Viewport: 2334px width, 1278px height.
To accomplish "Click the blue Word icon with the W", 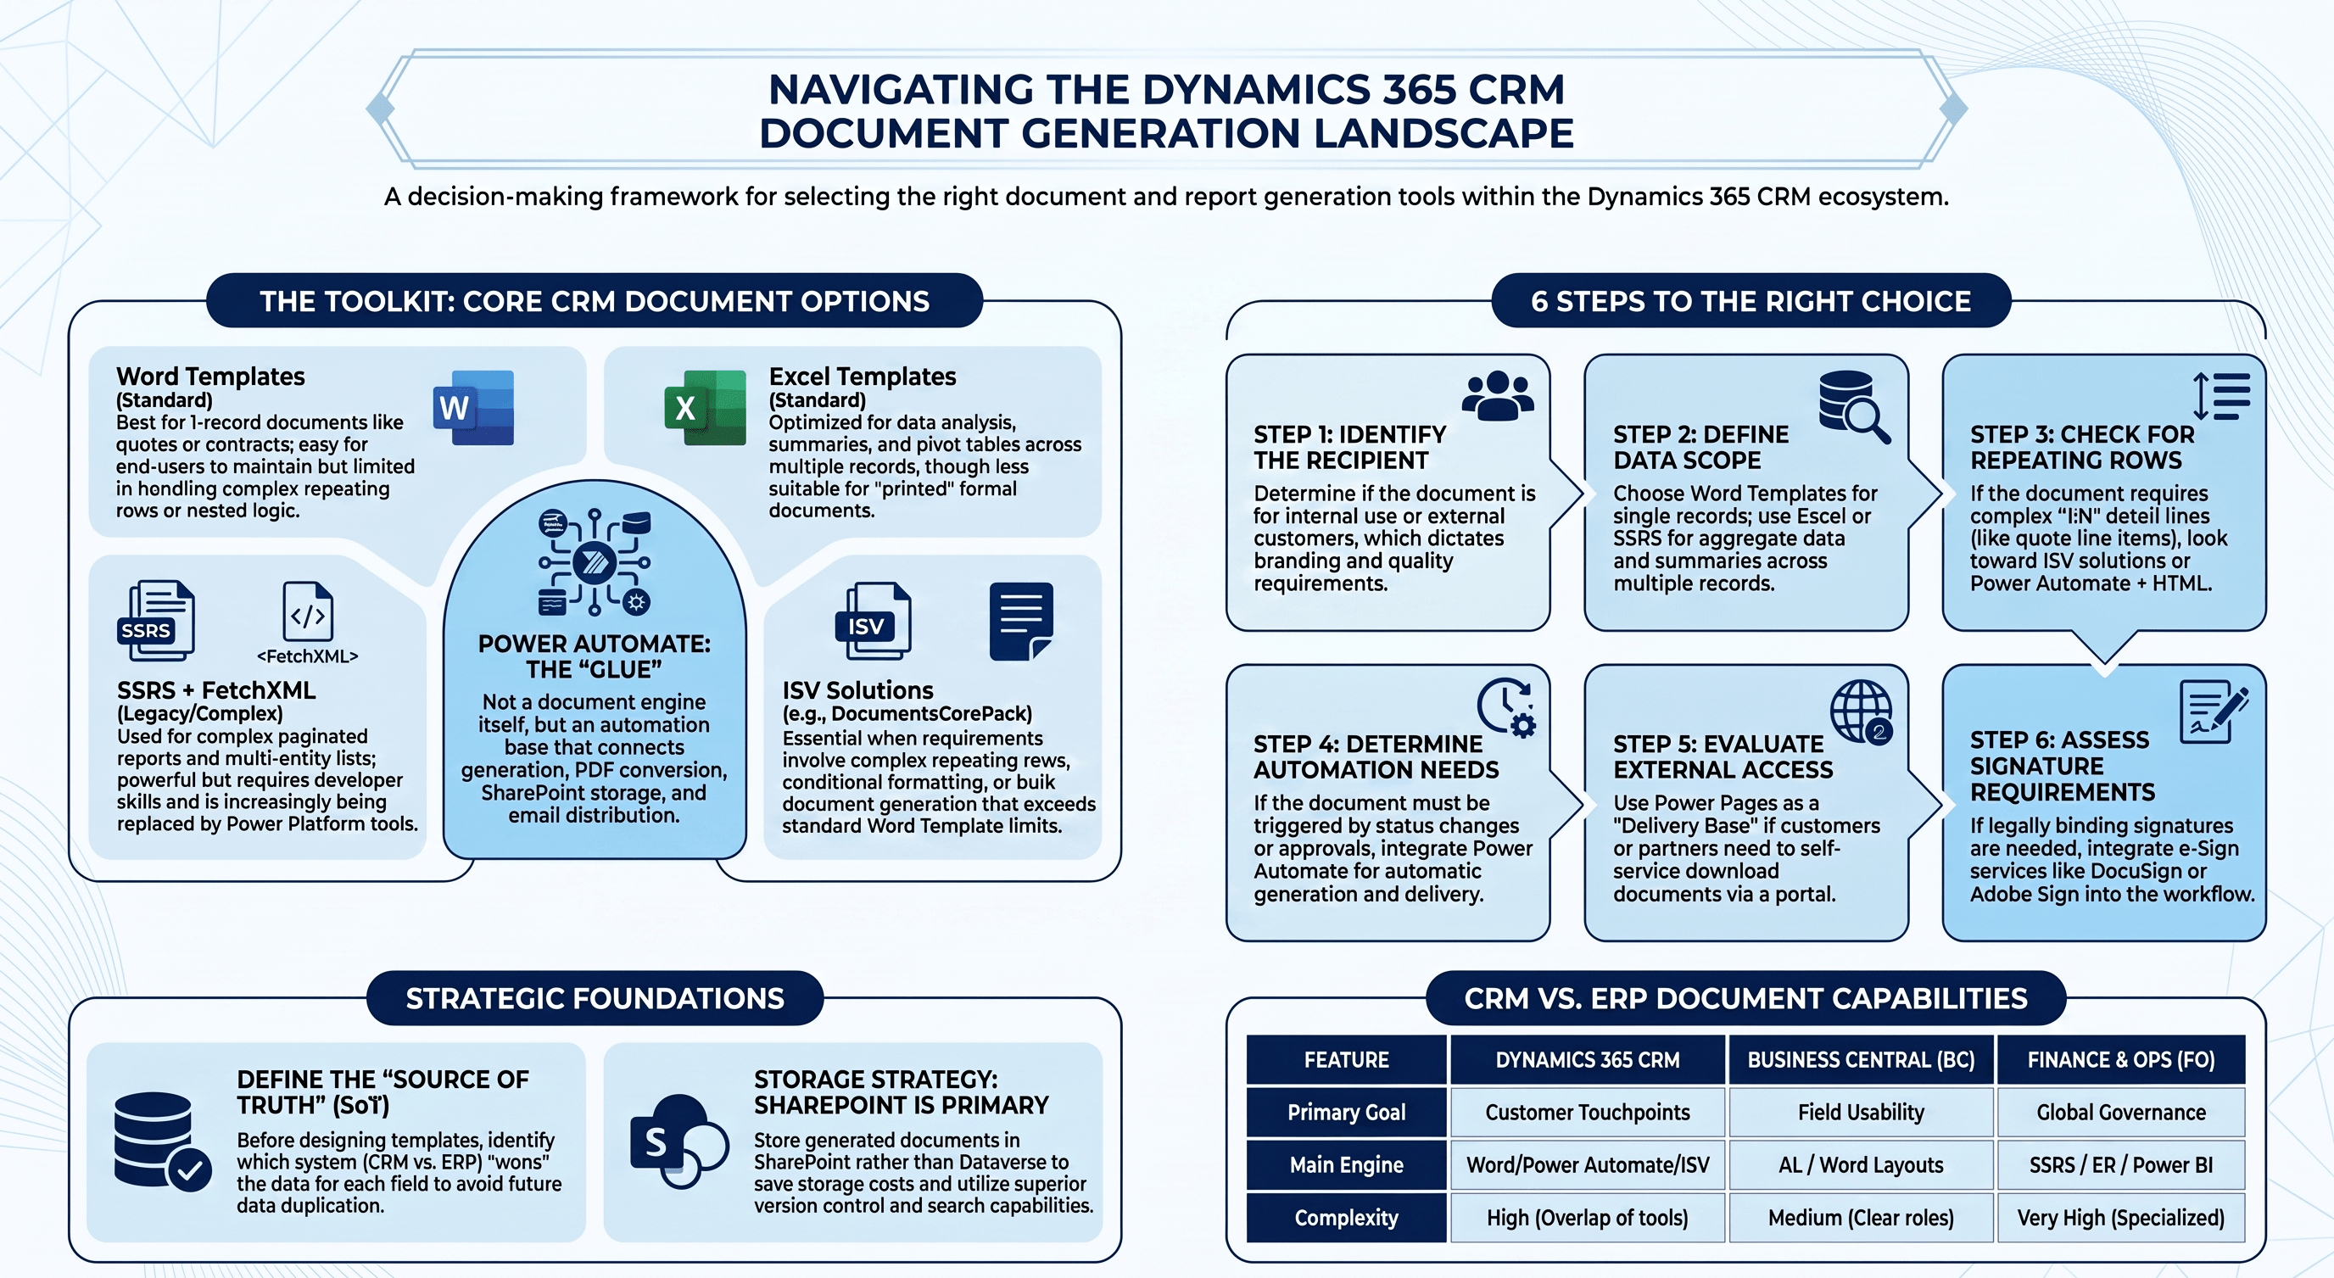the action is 474,408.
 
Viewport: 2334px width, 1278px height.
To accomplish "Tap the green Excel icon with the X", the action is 706,408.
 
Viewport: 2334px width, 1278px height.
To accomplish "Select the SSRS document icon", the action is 156,621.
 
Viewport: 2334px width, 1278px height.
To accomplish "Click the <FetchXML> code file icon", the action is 308,611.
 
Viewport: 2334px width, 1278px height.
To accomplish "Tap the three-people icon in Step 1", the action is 1499,396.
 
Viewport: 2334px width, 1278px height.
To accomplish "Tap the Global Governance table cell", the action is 2121,1113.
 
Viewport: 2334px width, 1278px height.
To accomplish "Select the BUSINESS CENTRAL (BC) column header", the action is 1861,1060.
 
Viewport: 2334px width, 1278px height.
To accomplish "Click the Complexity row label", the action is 1347,1217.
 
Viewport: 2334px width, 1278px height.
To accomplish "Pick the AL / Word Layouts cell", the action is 1861,1164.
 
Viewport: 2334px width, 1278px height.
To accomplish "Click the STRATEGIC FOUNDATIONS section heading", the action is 595,998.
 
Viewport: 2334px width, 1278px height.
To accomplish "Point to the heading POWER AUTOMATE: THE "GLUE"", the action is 595,656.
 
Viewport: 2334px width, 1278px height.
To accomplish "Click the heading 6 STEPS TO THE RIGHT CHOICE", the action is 1750,301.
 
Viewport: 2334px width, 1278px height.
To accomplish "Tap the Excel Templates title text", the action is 863,376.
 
